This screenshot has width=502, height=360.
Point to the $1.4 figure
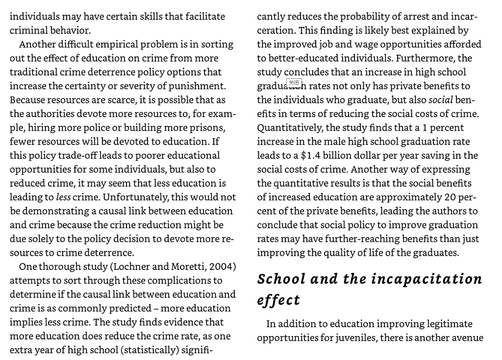coord(310,156)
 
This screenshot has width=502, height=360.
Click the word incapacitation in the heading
coord(427,279)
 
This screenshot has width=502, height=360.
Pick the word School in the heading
coord(281,279)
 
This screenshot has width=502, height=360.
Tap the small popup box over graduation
coord(294,83)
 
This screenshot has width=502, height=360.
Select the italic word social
coord(440,100)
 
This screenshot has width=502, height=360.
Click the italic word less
coord(63,197)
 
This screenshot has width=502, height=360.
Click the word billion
coord(337,156)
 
